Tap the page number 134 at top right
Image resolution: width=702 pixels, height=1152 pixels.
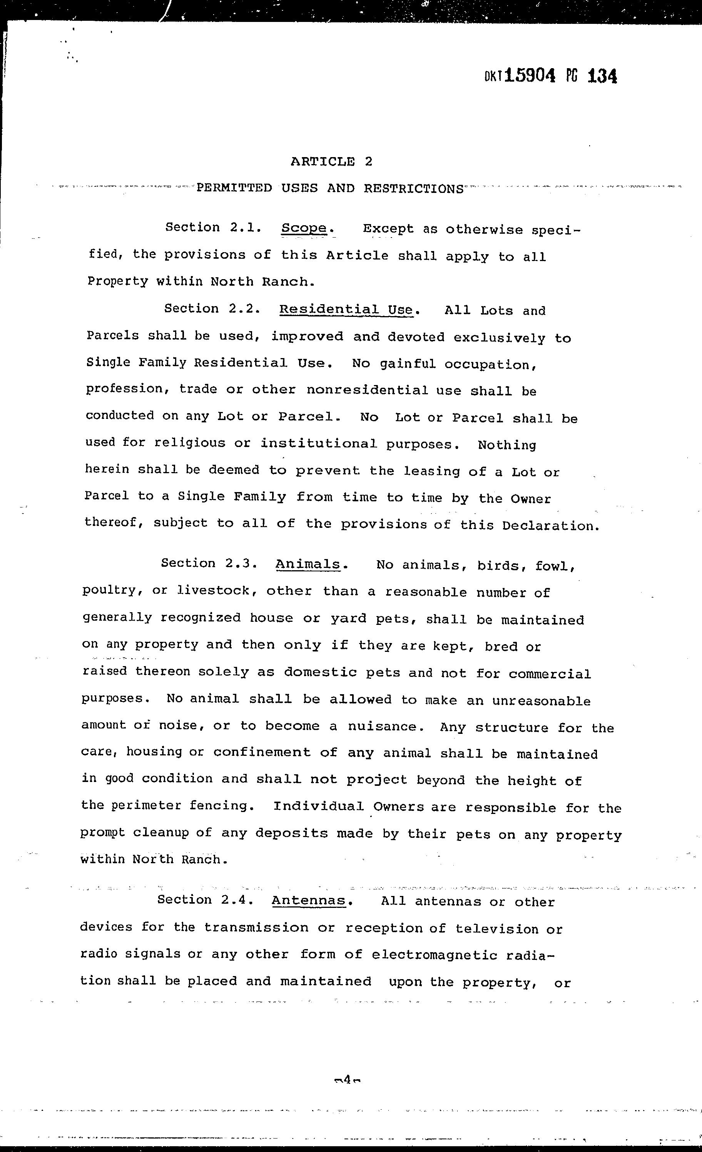[x=602, y=75]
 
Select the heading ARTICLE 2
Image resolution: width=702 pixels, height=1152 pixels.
[x=331, y=162]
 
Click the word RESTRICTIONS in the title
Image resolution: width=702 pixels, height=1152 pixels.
[x=414, y=188]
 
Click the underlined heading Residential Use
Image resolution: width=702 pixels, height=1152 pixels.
[x=346, y=310]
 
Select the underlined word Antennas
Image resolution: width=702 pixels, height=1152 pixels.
[x=309, y=901]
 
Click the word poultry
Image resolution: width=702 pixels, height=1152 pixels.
[x=112, y=591]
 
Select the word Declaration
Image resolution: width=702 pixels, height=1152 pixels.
[x=550, y=526]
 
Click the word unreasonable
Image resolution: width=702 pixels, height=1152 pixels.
[x=541, y=700]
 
